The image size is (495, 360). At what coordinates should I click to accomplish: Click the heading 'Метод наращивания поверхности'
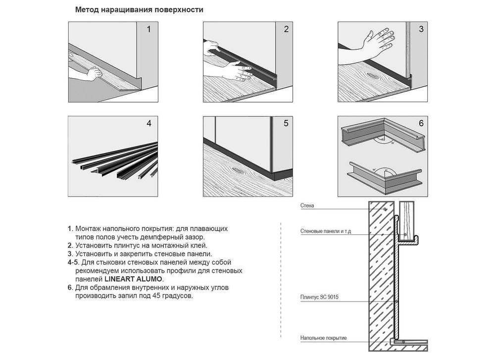[x=139, y=10]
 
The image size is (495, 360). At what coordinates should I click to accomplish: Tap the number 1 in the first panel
[x=148, y=29]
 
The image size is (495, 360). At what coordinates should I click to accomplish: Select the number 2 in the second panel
[x=286, y=29]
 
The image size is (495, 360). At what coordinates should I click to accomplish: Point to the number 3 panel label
[x=421, y=29]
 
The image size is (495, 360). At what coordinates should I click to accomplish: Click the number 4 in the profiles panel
[x=149, y=123]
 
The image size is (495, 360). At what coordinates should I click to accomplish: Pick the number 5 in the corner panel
[x=286, y=123]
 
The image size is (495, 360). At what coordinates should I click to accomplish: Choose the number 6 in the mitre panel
[x=421, y=123]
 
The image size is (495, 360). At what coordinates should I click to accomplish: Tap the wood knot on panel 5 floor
[x=238, y=170]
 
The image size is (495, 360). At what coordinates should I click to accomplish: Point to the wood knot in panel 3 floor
[x=373, y=76]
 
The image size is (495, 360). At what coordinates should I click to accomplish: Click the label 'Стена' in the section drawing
[x=307, y=206]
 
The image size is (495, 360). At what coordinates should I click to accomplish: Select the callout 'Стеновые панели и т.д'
[x=326, y=231]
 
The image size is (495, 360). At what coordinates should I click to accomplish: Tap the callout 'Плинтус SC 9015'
[x=319, y=297]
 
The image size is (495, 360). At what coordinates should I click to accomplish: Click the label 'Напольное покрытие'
[x=323, y=338]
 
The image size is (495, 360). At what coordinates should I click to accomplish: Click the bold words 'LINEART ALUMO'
[x=133, y=279]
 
